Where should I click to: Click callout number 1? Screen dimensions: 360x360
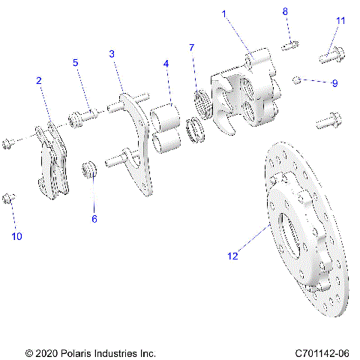click(x=223, y=14)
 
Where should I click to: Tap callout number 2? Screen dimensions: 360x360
click(x=38, y=80)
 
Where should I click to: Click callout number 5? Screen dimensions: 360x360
click(x=75, y=63)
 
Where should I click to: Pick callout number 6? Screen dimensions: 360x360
click(x=94, y=219)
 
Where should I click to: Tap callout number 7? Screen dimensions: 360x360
click(x=192, y=48)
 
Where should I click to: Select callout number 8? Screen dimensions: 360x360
click(x=285, y=11)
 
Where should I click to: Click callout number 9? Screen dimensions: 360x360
click(x=334, y=83)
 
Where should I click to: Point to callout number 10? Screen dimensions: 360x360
click(x=16, y=236)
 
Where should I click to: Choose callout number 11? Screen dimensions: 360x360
click(x=340, y=20)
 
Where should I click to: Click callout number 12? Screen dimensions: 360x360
click(x=233, y=256)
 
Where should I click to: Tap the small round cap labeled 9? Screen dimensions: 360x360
click(x=298, y=79)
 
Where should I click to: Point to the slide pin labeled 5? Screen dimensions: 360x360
click(x=84, y=116)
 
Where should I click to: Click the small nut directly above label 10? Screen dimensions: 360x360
click(x=9, y=197)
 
